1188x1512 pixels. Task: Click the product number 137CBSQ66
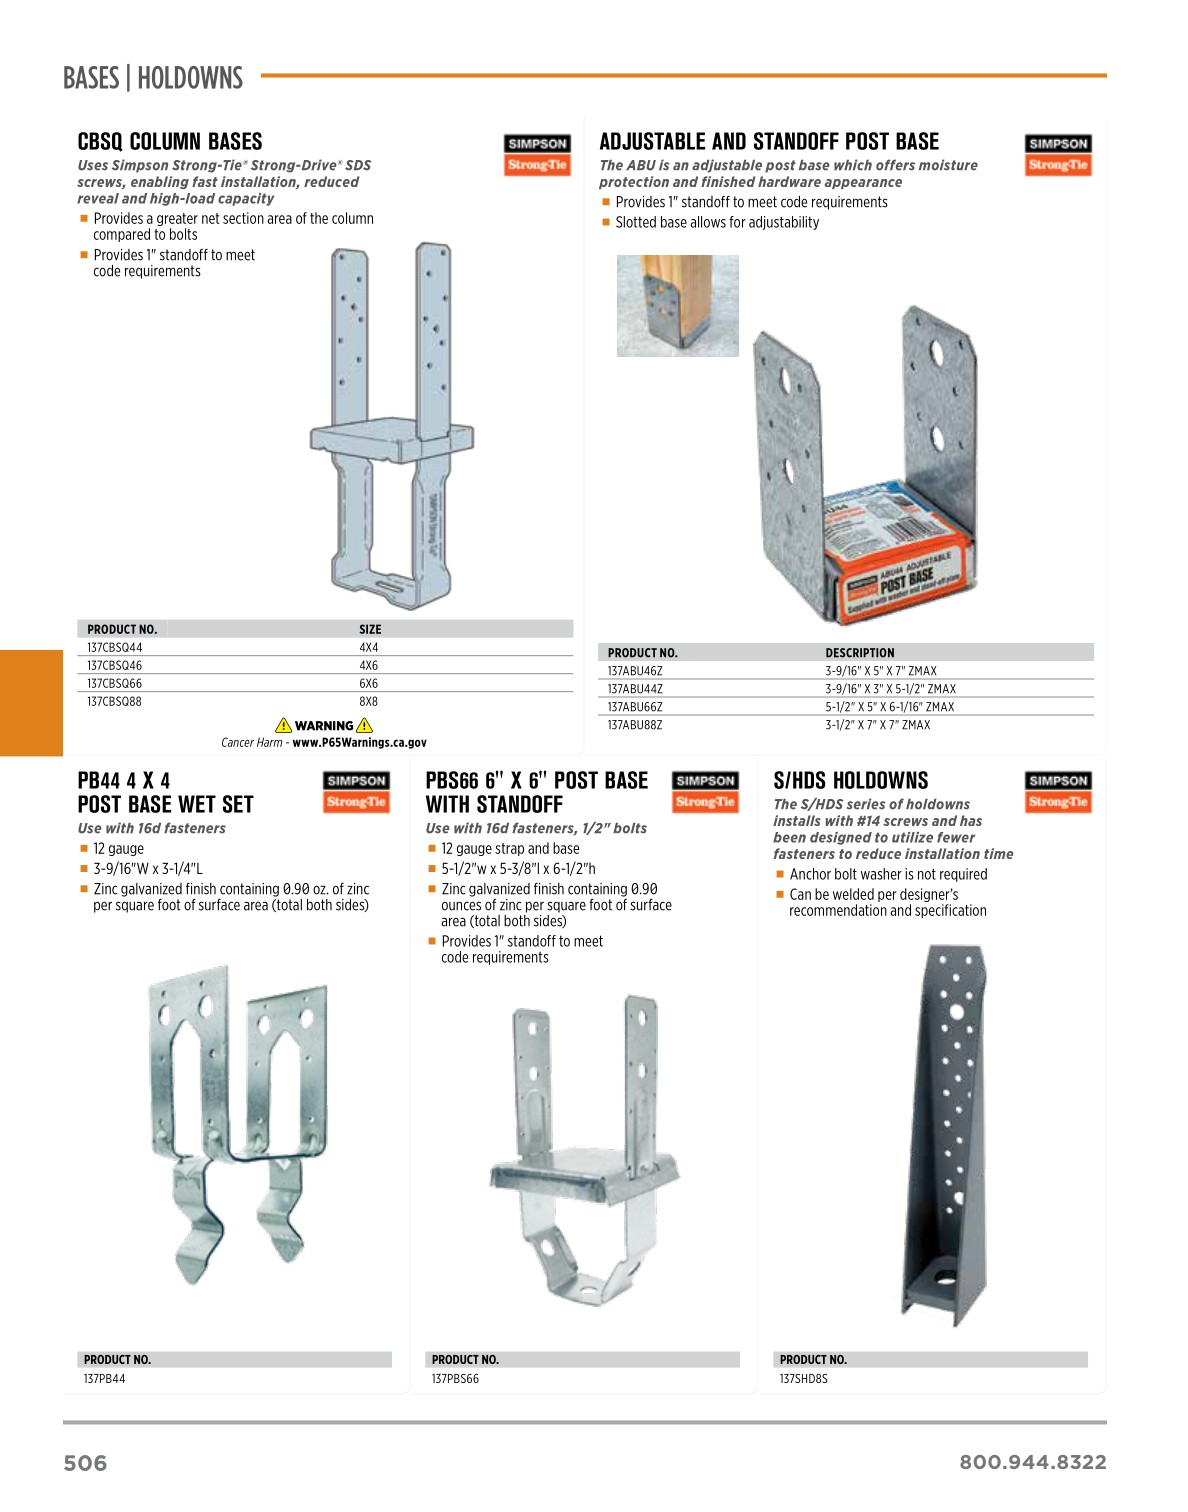(114, 683)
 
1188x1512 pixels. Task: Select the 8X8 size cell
(368, 701)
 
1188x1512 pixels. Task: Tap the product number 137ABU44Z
(635, 689)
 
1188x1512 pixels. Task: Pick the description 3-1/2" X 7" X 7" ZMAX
(877, 725)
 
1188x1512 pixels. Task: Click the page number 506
(85, 1463)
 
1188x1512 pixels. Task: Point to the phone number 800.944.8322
(1032, 1462)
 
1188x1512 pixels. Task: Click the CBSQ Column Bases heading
(170, 142)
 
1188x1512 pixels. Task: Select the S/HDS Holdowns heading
(850, 781)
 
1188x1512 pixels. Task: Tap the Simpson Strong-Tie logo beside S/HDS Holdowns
(1057, 791)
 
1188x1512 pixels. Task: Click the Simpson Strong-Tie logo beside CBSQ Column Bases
(537, 155)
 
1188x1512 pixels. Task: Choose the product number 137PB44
(104, 1379)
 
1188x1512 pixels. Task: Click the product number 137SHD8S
(803, 1379)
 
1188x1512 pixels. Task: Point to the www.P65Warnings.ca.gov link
(359, 743)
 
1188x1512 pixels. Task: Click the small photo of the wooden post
(677, 305)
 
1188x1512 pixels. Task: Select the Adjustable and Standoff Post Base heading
(769, 142)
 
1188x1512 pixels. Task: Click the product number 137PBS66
(455, 1379)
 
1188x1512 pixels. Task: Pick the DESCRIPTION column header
(859, 653)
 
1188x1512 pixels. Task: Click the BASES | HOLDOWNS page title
(153, 78)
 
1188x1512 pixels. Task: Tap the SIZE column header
(370, 629)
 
